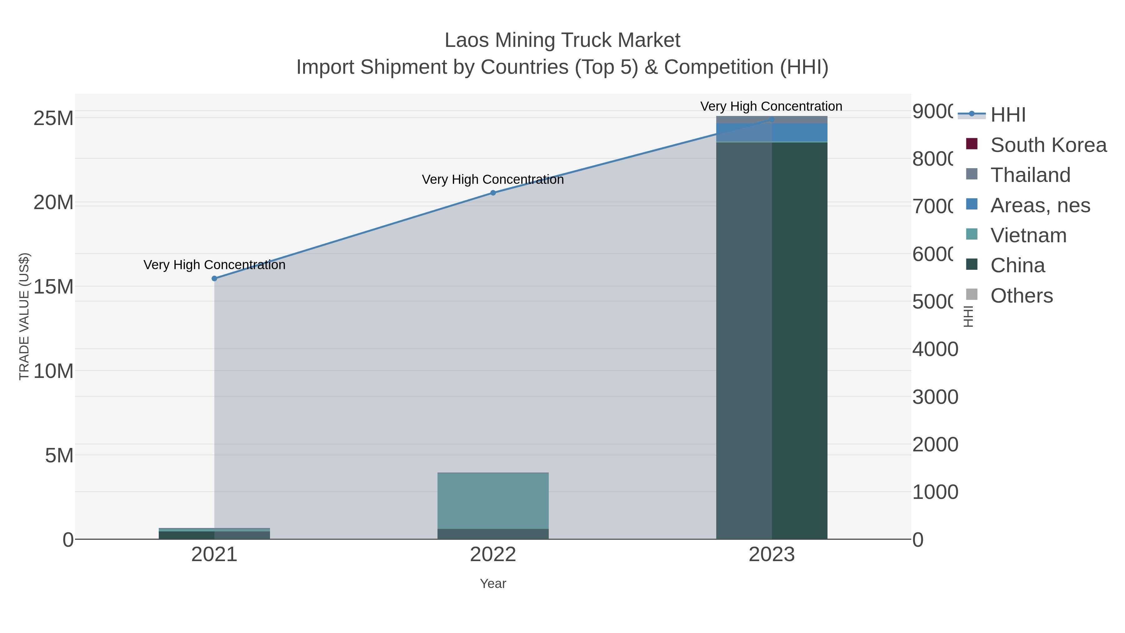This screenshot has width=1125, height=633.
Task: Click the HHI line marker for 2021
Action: pos(214,278)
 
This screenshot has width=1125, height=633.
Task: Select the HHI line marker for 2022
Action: pos(493,193)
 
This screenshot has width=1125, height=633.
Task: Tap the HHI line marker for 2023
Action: pos(772,119)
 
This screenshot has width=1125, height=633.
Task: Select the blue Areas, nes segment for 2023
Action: pos(772,133)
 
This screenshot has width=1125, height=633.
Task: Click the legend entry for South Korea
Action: pos(1048,145)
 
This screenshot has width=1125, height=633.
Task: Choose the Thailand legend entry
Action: pos(1030,175)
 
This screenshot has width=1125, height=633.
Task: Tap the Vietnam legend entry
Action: pos(1028,235)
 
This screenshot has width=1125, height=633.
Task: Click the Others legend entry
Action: pos(1022,296)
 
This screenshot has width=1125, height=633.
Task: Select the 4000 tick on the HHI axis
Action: pos(935,349)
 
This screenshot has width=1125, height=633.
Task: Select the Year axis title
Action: pos(493,584)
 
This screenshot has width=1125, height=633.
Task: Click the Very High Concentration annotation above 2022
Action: pos(493,179)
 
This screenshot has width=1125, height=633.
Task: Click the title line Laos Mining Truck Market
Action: pos(562,40)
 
